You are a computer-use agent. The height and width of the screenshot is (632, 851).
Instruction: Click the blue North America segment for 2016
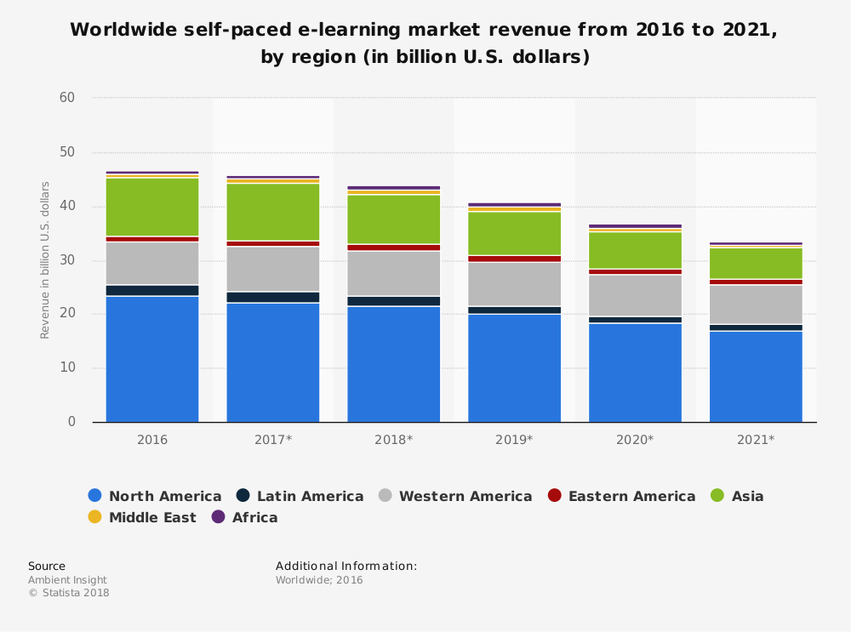coord(152,358)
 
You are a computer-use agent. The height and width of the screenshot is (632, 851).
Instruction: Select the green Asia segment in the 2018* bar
coord(393,219)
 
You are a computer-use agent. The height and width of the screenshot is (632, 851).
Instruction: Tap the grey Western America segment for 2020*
coord(635,295)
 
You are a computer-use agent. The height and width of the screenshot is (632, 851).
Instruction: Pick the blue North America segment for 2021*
coord(756,376)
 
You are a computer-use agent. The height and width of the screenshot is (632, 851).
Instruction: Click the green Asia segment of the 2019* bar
coord(514,232)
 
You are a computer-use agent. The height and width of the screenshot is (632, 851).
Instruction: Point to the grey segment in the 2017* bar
coord(272,269)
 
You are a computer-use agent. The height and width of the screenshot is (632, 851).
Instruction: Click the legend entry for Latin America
coord(300,496)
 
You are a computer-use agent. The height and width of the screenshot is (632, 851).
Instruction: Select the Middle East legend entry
coord(142,517)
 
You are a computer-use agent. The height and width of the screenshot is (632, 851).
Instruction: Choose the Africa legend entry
coord(244,517)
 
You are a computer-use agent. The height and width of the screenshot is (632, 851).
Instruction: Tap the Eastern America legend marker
coord(555,496)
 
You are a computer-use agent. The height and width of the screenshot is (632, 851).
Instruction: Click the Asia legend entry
coord(737,496)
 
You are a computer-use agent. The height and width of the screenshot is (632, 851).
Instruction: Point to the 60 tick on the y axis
coord(67,98)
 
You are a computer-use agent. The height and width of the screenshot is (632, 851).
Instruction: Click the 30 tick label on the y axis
coord(67,260)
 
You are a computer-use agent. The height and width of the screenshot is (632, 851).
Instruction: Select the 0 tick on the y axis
coord(71,422)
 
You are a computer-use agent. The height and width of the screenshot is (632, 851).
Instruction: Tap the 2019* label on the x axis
coord(514,440)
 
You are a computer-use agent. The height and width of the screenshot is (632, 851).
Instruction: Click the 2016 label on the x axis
coord(152,440)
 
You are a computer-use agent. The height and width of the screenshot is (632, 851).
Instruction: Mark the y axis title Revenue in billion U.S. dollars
coord(45,259)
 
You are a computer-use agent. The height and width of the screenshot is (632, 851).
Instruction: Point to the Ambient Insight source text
coord(67,580)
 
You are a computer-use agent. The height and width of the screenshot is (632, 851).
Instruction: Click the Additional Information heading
coord(346,566)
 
